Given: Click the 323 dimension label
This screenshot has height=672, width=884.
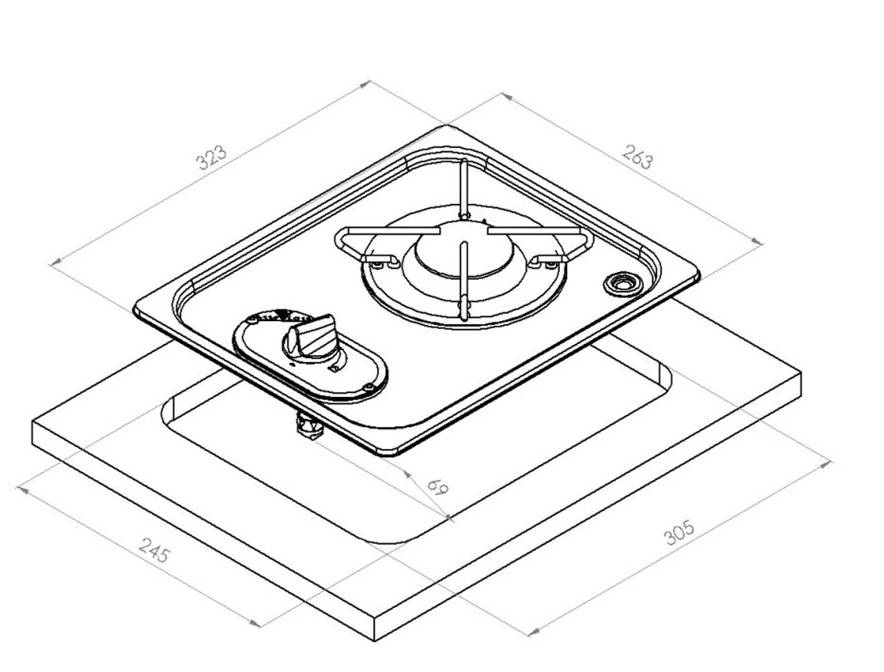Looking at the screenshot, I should [x=211, y=157].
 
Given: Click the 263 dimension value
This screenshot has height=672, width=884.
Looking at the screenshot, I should [x=637, y=157].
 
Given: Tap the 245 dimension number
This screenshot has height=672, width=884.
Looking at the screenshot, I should [x=154, y=550].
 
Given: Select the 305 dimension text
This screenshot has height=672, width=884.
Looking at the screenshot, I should [x=679, y=532].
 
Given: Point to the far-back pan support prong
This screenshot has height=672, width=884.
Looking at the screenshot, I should [x=465, y=186].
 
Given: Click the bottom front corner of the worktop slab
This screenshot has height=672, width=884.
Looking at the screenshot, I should [x=375, y=640].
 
